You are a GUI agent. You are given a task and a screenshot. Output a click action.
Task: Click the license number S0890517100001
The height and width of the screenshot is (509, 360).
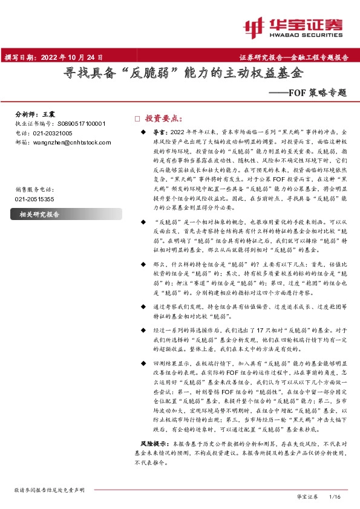tap(79, 123)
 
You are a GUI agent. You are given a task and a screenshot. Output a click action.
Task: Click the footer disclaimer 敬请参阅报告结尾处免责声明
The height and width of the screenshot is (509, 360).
tap(49, 490)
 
